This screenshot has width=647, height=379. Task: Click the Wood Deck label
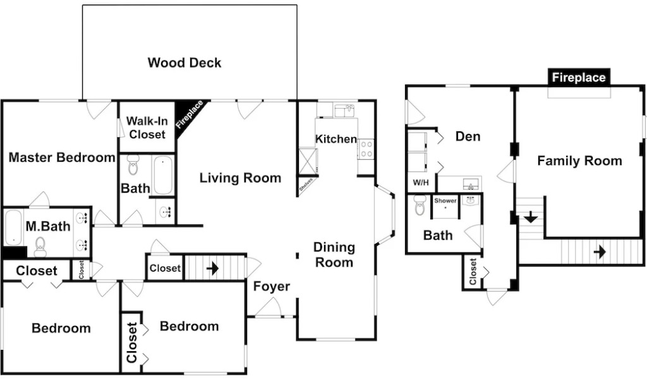(x=184, y=63)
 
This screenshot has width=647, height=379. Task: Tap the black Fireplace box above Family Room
(x=579, y=78)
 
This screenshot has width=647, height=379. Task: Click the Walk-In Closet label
(x=146, y=128)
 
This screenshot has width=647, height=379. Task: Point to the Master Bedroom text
(x=62, y=157)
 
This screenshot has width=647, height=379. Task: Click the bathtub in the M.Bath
(x=13, y=227)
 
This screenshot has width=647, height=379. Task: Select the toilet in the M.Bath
(x=41, y=246)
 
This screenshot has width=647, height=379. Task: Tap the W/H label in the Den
(x=421, y=183)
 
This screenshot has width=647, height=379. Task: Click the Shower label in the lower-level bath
(x=445, y=201)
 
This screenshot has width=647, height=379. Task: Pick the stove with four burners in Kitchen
(x=366, y=149)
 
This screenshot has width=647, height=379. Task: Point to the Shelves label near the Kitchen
(x=305, y=188)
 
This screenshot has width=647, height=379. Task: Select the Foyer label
(x=272, y=286)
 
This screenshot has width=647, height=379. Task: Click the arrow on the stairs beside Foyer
(x=212, y=268)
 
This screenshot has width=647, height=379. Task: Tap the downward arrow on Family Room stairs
(x=531, y=217)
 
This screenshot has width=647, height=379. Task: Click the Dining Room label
(x=334, y=255)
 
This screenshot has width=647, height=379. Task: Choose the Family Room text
(x=579, y=161)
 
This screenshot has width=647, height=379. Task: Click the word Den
(x=468, y=136)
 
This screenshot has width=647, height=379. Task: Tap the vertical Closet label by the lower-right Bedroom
(x=132, y=343)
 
